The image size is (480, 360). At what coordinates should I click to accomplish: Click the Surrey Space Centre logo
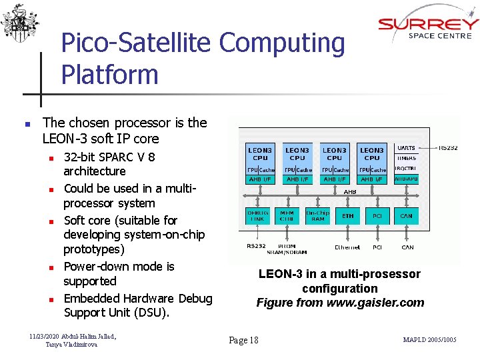[x=428, y=27]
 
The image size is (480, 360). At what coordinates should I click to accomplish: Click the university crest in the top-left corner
[x=19, y=24]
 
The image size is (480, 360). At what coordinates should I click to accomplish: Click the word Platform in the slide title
[x=110, y=74]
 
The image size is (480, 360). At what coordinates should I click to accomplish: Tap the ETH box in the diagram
[x=348, y=215]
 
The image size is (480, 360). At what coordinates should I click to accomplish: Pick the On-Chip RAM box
[x=317, y=215]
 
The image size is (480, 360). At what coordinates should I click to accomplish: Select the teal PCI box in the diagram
[x=377, y=215]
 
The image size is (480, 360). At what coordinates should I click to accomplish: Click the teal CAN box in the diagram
[x=407, y=215]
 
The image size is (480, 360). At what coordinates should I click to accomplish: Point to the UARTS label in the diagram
[x=406, y=147]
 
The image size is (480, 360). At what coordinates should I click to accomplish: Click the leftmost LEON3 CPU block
[x=260, y=154]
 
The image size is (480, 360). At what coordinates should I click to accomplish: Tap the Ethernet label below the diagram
[x=347, y=247]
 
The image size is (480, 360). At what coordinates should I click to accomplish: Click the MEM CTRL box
[x=287, y=215]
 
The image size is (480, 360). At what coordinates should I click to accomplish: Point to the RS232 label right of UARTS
[x=448, y=147]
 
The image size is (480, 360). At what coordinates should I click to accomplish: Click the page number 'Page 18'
[x=243, y=340]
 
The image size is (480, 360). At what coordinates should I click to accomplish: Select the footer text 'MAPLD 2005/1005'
[x=429, y=340]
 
